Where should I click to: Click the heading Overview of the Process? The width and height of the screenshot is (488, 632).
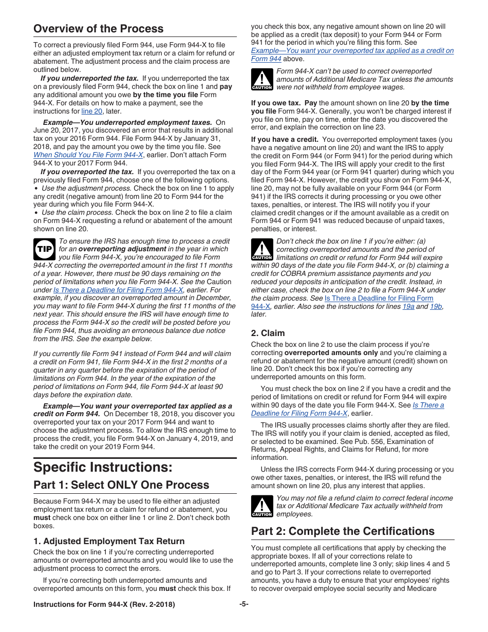tap(98, 28)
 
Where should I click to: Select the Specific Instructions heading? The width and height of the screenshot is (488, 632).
tap(103, 467)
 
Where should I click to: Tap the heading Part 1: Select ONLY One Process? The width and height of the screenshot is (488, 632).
tap(121, 485)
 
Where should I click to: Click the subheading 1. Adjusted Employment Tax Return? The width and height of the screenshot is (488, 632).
tap(109, 541)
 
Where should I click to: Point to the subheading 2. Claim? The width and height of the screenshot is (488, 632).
tap(268, 333)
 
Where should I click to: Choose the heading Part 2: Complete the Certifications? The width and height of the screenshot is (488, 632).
tap(343, 531)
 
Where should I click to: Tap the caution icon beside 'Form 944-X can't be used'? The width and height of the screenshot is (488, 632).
tap(261, 80)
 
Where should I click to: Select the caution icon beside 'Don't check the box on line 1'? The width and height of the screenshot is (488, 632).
tap(261, 250)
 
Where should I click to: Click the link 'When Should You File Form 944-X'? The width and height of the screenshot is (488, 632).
tap(88, 155)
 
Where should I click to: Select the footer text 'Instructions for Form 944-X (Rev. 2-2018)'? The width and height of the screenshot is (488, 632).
tap(104, 605)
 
